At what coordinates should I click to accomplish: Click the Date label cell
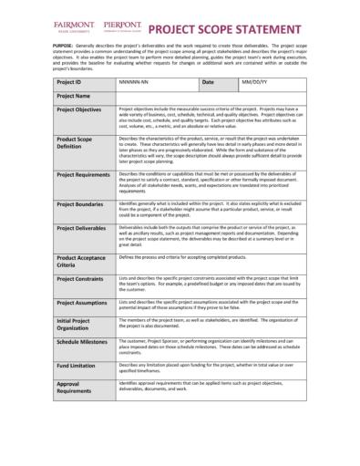tap(207, 82)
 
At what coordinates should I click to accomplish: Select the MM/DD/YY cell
tap(252, 82)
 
